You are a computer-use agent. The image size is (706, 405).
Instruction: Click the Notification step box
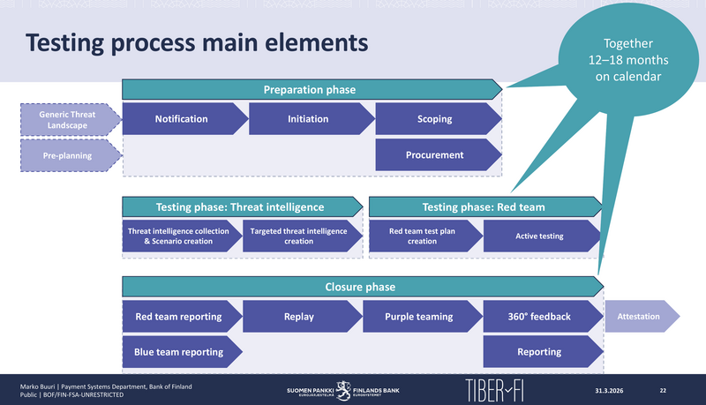pyautogui.click(x=182, y=119)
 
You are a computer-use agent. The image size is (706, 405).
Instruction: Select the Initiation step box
pyautogui.click(x=308, y=119)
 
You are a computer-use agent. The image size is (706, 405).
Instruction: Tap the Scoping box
pyautogui.click(x=435, y=119)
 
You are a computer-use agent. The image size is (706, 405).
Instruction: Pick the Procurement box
pyautogui.click(x=435, y=155)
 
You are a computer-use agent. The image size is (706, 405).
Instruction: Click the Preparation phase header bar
pyautogui.click(x=310, y=89)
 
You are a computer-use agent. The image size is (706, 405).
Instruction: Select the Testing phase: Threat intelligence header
pyautogui.click(x=240, y=207)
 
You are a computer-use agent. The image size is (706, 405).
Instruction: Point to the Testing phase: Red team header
pyautogui.click(x=484, y=207)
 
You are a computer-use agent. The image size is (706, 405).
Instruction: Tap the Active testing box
pyautogui.click(x=539, y=236)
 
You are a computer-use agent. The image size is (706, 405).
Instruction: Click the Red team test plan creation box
pyautogui.click(x=422, y=236)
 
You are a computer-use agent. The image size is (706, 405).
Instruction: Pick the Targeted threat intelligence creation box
pyautogui.click(x=299, y=236)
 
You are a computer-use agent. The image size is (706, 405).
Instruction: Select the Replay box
pyautogui.click(x=299, y=317)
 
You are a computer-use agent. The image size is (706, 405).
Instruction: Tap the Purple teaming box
pyautogui.click(x=419, y=317)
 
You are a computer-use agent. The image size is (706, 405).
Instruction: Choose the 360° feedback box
pyautogui.click(x=539, y=317)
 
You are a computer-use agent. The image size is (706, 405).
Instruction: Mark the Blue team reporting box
pyautogui.click(x=179, y=352)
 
